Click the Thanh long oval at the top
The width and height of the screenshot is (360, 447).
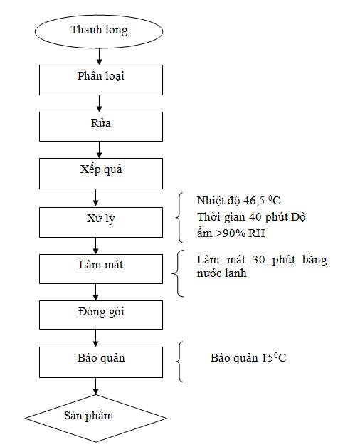[99, 31]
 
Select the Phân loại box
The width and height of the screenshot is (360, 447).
[101, 80]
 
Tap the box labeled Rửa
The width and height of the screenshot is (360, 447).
[101, 127]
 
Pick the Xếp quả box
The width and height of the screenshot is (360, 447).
[101, 174]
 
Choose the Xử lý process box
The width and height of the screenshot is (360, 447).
[101, 222]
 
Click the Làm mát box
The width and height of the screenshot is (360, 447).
[101, 269]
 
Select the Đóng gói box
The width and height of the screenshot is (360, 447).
[101, 315]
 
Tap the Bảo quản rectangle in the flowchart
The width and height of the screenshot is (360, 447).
[101, 362]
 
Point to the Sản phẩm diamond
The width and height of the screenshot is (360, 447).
[96, 418]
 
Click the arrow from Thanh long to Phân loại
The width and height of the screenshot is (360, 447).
[99, 56]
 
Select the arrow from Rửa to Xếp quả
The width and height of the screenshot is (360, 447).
[99, 149]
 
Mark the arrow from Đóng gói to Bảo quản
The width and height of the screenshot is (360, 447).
[96, 338]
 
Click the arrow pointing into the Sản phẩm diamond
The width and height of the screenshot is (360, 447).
[96, 386]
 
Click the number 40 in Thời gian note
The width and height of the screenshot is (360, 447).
[255, 217]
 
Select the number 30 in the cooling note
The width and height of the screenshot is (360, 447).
[258, 260]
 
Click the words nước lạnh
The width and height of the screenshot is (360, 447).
[221, 273]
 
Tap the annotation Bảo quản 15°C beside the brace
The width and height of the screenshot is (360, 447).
[248, 358]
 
